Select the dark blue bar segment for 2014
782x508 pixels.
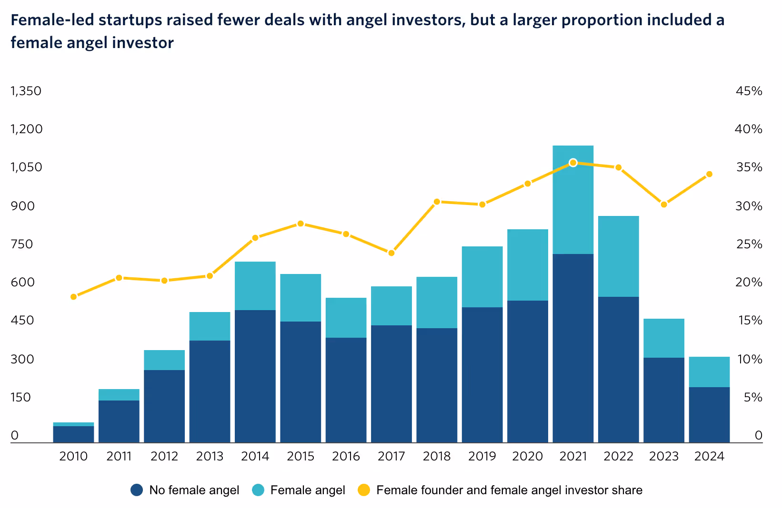coord(255,376)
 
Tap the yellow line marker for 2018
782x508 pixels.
coord(437,202)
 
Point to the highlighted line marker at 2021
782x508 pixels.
coord(573,163)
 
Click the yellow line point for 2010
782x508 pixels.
coord(73,297)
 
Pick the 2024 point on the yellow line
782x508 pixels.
coord(709,174)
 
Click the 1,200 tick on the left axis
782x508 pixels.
coord(27,129)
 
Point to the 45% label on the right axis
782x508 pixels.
coord(749,91)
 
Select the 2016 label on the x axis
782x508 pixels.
coord(346,457)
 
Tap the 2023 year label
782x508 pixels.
coord(663,457)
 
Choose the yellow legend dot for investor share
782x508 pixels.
coord(364,490)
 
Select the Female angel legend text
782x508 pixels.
coord(307,490)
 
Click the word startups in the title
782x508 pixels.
coord(125,20)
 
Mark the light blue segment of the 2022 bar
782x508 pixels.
coord(618,256)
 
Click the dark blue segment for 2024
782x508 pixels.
coord(709,415)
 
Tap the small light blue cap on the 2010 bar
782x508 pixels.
coord(73,424)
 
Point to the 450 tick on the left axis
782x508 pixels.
coord(23,321)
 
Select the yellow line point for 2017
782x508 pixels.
coord(391,253)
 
